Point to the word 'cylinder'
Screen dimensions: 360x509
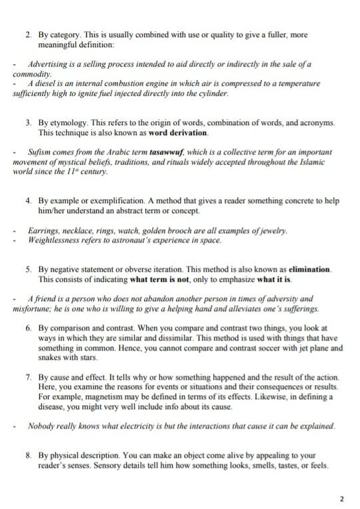pyautogui.click(x=213, y=94)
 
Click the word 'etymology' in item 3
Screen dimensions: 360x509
pyautogui.click(x=67, y=124)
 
